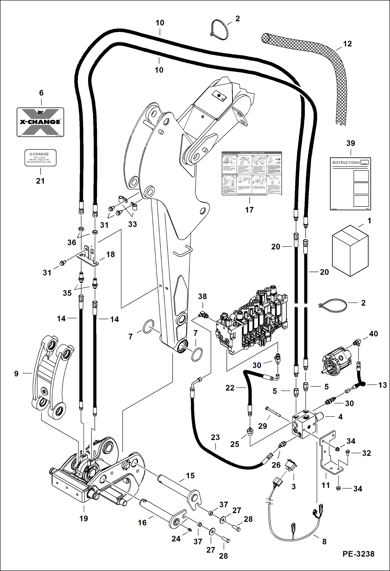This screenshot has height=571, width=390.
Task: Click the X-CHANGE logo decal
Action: pos(40,122)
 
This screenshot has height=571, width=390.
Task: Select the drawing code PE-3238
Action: pos(358,554)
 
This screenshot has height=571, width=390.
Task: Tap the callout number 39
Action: pos(350,143)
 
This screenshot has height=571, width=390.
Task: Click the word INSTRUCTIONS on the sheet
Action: pos(346,162)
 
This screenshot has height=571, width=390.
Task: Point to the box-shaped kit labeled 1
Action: pos(350,250)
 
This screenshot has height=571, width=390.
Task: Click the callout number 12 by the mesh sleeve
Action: pos(347,44)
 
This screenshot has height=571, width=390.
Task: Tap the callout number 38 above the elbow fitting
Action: pos(202,296)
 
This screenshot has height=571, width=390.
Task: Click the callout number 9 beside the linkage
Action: pos(16,374)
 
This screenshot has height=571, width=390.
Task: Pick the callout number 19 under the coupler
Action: pos(84,518)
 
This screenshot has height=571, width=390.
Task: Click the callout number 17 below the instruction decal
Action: pos(249,210)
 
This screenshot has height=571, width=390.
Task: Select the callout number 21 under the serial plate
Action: pos(40,181)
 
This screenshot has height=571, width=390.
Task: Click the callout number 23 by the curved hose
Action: pos(215,437)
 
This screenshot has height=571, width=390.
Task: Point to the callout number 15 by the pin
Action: pos(190,476)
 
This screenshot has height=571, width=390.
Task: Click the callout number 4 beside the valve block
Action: pos(340,417)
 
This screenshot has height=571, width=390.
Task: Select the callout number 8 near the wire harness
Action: pos(324,542)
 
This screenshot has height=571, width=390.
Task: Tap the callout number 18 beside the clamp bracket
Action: pos(110,254)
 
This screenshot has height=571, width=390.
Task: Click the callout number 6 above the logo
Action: pos(41,93)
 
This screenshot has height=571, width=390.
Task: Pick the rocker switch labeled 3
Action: pos(291,465)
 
